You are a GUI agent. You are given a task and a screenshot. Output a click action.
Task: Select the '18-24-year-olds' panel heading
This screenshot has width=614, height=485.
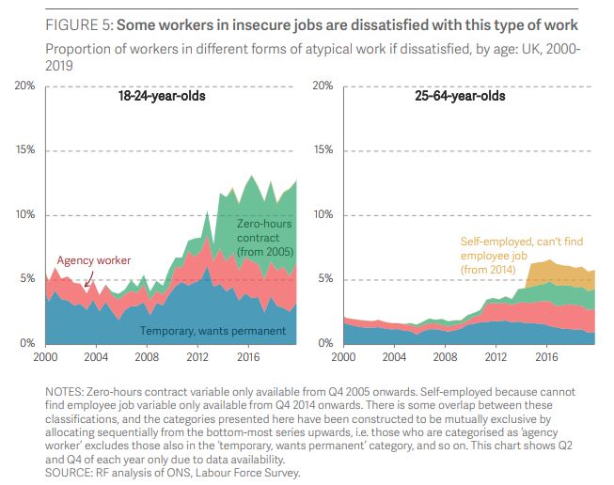point(162,96)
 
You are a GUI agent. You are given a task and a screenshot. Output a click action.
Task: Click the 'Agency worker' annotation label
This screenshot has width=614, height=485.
point(94,260)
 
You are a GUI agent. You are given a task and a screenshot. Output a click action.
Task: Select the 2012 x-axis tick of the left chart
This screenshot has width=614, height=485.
point(198,358)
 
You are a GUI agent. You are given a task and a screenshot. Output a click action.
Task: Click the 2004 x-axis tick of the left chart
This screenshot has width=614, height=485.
point(97,358)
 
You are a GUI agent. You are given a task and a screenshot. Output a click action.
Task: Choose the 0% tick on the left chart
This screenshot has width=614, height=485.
point(27,344)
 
